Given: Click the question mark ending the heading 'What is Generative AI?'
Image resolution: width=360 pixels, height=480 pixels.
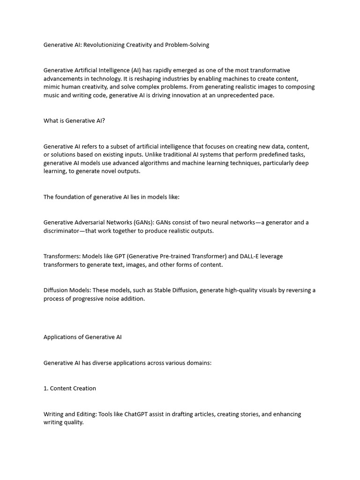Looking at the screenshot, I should [x=103, y=121].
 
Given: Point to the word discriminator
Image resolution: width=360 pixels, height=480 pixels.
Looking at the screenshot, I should [x=64, y=231].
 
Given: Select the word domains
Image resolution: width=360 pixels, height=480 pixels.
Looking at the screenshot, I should [x=198, y=363].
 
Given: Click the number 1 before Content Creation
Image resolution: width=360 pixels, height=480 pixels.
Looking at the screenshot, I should [x=45, y=388].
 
